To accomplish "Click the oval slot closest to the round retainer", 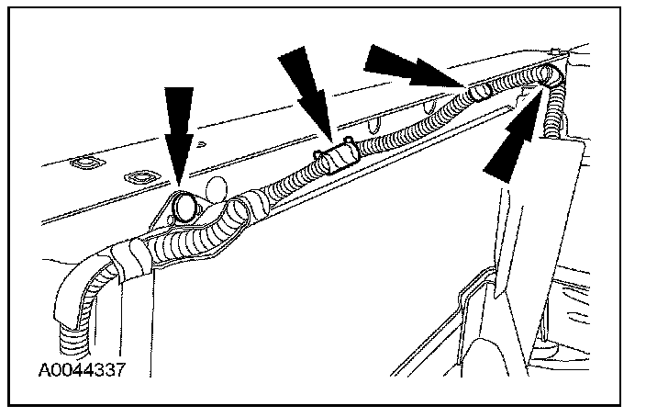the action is pyautogui.click(x=142, y=177).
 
